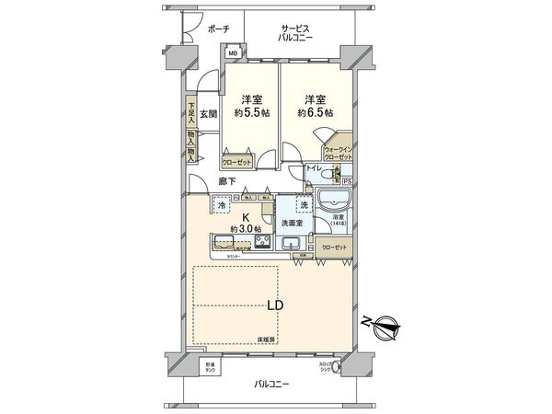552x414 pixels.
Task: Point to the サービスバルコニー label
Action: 296,34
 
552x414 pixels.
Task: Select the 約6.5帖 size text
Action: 316,112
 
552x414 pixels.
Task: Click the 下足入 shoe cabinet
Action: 190,112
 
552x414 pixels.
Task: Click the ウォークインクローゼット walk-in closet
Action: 338,154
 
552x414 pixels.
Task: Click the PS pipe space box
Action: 346,182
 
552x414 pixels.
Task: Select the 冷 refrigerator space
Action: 221,206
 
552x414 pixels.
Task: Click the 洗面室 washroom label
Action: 293,224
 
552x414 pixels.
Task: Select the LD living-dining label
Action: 275,305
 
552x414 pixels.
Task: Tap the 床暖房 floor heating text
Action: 269,339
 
